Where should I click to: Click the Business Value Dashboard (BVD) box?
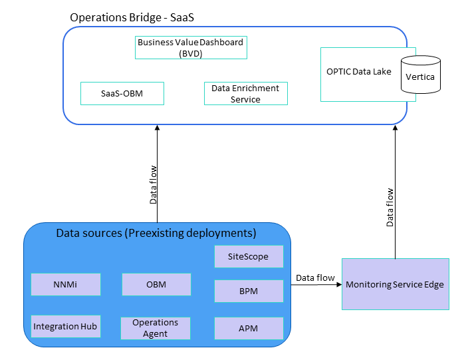[191, 47]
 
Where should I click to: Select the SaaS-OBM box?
[122, 94]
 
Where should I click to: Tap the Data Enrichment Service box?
[245, 94]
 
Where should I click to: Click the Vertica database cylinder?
[420, 75]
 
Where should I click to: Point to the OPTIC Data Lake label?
[358, 71]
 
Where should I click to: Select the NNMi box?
[66, 284]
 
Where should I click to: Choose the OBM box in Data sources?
[156, 284]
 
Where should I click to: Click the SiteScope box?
[249, 256]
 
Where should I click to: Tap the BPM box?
[249, 291]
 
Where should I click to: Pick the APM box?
[249, 328]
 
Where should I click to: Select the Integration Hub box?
[66, 326]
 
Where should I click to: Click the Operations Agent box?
[156, 327]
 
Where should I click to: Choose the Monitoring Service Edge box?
[395, 284]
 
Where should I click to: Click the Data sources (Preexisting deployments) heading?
[156, 234]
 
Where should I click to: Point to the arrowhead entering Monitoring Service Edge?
[338, 284]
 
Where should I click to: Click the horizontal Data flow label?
[315, 277]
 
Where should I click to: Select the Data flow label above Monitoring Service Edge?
[390, 207]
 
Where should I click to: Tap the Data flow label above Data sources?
[154, 184]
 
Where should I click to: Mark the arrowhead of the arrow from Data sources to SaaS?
[158, 128]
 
